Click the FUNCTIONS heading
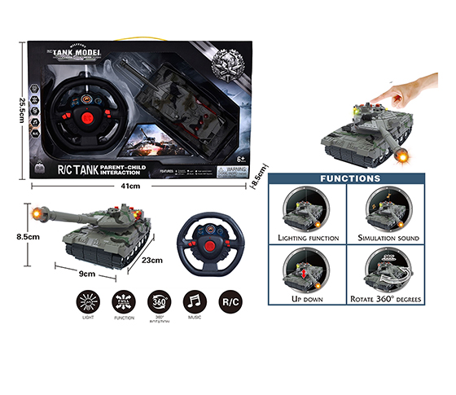[x=350, y=178]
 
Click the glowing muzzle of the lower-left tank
[x=35, y=213]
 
